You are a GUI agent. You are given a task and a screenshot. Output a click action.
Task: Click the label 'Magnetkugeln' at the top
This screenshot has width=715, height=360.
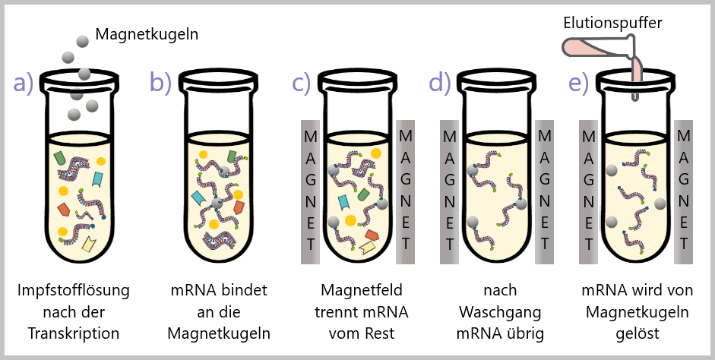146,34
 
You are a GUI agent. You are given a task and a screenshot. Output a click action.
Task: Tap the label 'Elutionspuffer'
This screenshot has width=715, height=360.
612,23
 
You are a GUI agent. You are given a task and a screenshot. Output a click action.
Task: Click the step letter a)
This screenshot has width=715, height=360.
23,83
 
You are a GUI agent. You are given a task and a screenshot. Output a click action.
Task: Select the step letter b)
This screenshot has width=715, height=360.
161,83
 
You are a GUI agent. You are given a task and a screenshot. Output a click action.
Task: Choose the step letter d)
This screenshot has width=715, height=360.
440,83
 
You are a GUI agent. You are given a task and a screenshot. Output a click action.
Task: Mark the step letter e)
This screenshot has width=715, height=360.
579,83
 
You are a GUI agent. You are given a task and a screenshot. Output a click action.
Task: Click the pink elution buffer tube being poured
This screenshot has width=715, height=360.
600,49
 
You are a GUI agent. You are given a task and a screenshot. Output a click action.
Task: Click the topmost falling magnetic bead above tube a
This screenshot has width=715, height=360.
81,39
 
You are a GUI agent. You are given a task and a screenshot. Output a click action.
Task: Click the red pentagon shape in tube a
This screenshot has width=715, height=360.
64,207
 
